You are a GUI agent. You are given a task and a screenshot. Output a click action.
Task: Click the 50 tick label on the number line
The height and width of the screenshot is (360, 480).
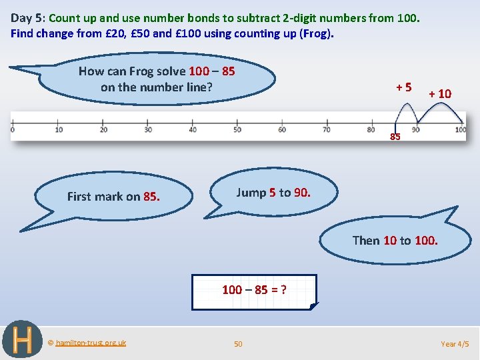coord(237,130)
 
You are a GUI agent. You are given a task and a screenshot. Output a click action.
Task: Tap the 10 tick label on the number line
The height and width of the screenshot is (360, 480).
coord(59,130)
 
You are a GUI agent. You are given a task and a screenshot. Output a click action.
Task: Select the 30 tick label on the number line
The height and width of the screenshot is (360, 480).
coord(148,130)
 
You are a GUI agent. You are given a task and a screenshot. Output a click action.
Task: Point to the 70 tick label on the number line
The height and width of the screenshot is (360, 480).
coord(327,130)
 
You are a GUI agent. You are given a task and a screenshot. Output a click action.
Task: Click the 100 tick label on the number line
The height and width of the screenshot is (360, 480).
coord(461,130)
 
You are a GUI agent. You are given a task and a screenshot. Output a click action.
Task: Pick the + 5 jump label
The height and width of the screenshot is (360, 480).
coord(403,87)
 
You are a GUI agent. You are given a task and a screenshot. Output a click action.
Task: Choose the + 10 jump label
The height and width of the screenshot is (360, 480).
coord(440,94)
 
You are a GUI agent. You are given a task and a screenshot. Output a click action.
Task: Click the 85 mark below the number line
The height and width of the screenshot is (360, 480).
coord(395,137)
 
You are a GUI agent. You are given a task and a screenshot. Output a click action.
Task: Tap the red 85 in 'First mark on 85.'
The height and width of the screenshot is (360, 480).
coord(151,197)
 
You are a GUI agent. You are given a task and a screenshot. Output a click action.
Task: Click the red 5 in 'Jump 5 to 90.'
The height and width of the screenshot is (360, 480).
coord(273,193)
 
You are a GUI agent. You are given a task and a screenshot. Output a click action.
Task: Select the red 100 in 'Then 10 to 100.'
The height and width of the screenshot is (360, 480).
coord(426,241)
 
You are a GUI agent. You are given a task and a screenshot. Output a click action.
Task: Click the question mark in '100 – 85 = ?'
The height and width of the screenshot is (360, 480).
coord(283,289)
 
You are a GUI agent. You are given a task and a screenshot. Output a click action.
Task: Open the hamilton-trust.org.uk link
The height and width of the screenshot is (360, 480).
coord(91,343)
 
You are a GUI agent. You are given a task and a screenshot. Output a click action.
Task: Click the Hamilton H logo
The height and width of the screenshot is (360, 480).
coord(23,340)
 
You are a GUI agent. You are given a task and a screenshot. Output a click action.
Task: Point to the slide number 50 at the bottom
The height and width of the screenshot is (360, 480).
coord(238,344)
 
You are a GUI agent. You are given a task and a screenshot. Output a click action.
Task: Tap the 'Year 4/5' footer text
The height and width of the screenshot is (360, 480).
coord(455,344)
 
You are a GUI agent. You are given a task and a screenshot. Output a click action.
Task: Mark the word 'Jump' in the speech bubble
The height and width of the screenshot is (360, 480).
coord(251,193)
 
